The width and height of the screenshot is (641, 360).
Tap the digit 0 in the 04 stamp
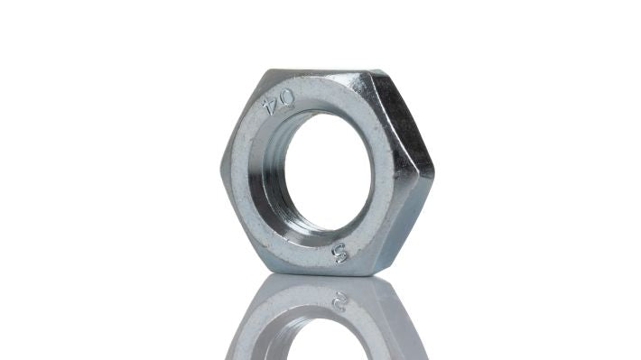pyautogui.click(x=284, y=97)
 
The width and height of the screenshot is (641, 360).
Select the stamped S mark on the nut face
pyautogui.click(x=340, y=253)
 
